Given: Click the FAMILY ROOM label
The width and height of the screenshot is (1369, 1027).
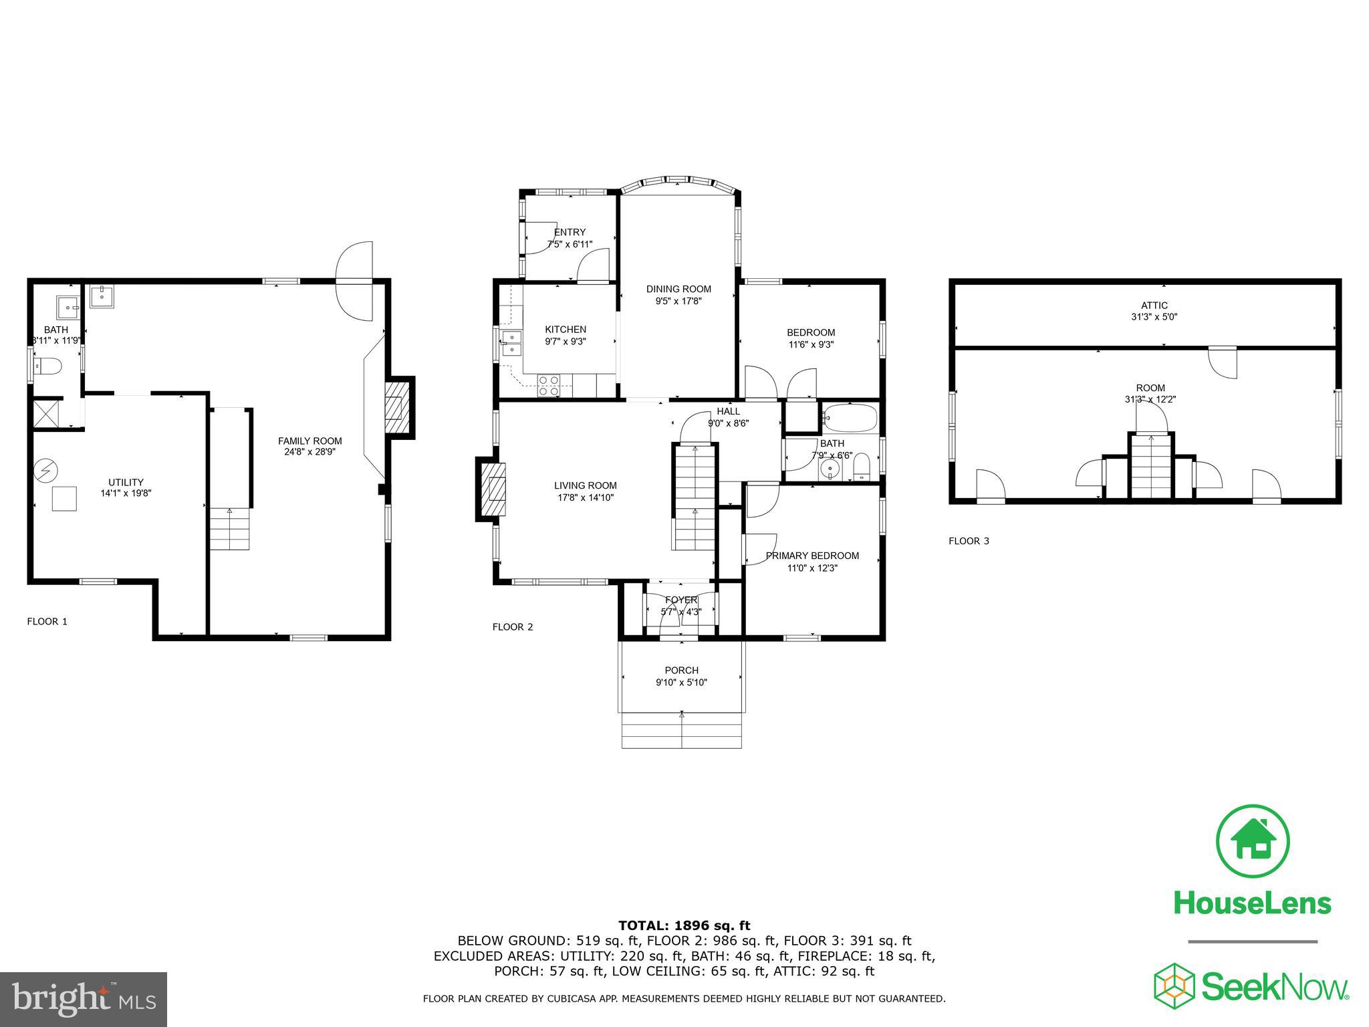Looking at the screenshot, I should tap(309, 441).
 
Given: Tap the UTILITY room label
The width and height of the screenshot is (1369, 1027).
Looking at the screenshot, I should tap(126, 482).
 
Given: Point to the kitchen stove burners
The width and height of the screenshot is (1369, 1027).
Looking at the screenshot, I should tap(549, 386).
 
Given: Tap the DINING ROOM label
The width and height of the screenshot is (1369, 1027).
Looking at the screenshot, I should tap(678, 289).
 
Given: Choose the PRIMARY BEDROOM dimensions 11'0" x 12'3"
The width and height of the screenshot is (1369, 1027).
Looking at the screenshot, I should tap(812, 568).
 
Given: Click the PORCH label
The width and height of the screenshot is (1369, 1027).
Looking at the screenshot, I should tap(681, 670).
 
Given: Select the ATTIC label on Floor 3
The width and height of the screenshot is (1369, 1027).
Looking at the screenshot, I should tap(1154, 305).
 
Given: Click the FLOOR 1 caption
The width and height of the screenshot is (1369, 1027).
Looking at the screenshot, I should tap(47, 621).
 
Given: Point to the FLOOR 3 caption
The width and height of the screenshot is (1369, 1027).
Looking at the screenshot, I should tap(969, 541).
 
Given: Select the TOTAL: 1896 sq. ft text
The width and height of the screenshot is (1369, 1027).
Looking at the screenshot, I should tap(684, 925).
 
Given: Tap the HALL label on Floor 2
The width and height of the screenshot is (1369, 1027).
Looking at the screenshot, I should tap(728, 411).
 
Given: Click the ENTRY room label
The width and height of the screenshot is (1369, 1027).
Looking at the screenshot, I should tap(570, 232).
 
